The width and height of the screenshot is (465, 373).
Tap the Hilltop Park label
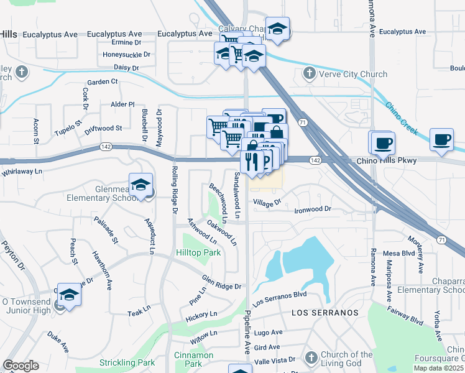[198, 253]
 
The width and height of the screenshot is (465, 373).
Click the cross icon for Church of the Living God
[311, 357]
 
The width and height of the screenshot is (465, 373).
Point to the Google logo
[21, 366]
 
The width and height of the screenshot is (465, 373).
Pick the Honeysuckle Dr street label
[127, 55]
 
